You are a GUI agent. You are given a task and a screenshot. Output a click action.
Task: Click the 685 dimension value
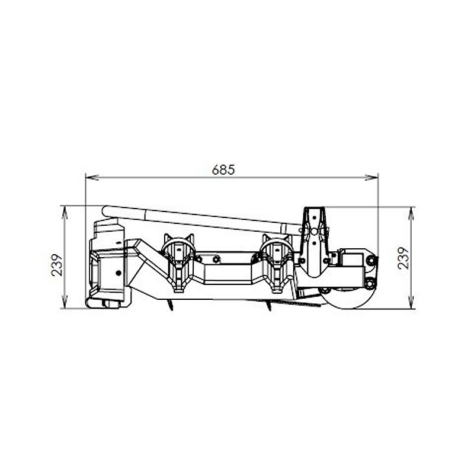click(x=223, y=170)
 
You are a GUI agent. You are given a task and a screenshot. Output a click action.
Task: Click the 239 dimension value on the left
click(x=57, y=265)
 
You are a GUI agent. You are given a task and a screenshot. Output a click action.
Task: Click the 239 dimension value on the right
click(x=403, y=258)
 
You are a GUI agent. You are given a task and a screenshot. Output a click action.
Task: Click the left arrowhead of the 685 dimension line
click(x=92, y=177)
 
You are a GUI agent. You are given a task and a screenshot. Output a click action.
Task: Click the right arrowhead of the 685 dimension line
click(x=372, y=177)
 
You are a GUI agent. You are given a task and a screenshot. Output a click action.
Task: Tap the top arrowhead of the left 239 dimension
click(x=65, y=213)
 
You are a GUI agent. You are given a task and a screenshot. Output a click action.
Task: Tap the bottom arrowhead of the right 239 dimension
click(x=411, y=302)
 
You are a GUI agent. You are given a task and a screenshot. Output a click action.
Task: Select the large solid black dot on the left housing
click(x=118, y=273)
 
